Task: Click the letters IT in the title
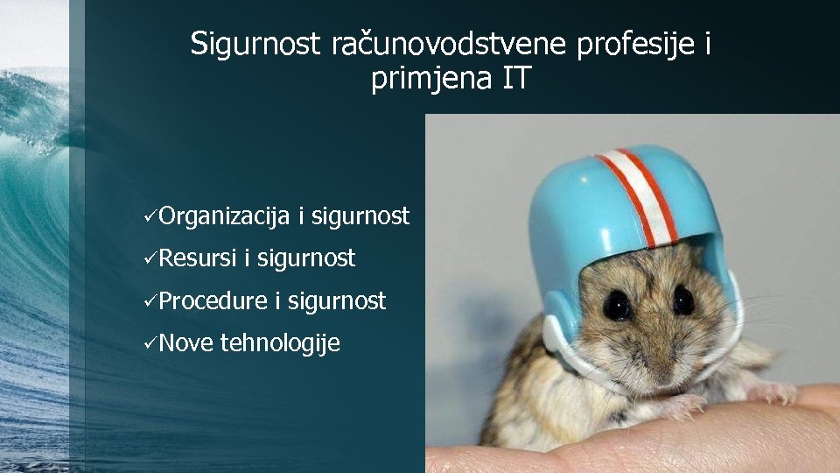pos(516,79)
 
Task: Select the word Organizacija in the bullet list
pos(225,216)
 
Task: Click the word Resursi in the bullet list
pos(198,258)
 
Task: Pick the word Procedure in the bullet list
pos(213,301)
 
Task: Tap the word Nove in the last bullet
pos(186,343)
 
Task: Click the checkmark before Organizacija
pos(150,216)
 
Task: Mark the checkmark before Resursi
pos(150,258)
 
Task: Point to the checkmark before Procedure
pos(150,301)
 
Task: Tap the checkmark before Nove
pos(150,343)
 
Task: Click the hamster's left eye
pos(618,305)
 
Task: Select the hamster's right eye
pos(683,300)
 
